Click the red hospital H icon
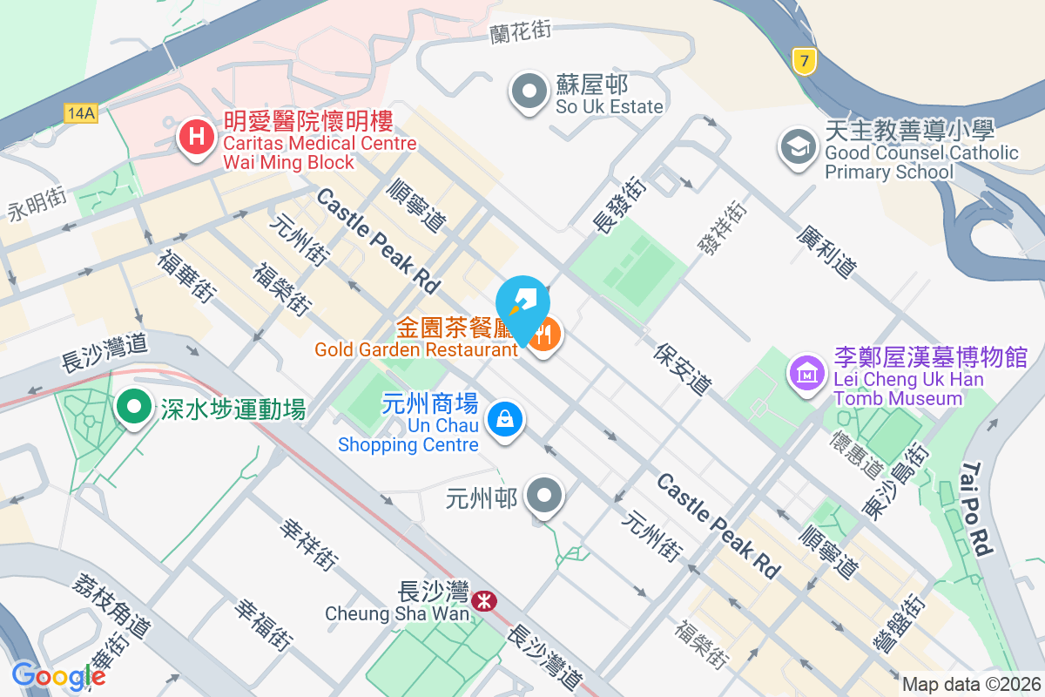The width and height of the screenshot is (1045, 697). (x=198, y=138)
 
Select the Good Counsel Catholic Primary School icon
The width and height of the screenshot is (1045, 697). (x=797, y=145)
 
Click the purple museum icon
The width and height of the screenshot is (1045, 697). (x=807, y=373)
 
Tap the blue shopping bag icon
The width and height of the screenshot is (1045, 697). (x=504, y=419)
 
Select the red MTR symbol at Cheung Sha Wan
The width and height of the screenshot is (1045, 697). (x=481, y=601)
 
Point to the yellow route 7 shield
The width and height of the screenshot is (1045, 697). (x=804, y=60)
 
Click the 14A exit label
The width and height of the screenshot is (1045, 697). (x=80, y=112)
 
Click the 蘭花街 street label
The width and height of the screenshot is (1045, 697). (x=521, y=31)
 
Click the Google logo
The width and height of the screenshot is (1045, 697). (x=58, y=676)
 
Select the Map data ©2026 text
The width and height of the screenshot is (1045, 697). (x=970, y=684)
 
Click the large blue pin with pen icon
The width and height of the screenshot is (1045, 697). (x=522, y=303)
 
